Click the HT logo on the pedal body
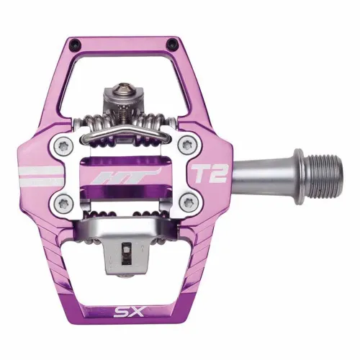(115, 175)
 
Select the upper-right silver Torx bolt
(186, 143)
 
